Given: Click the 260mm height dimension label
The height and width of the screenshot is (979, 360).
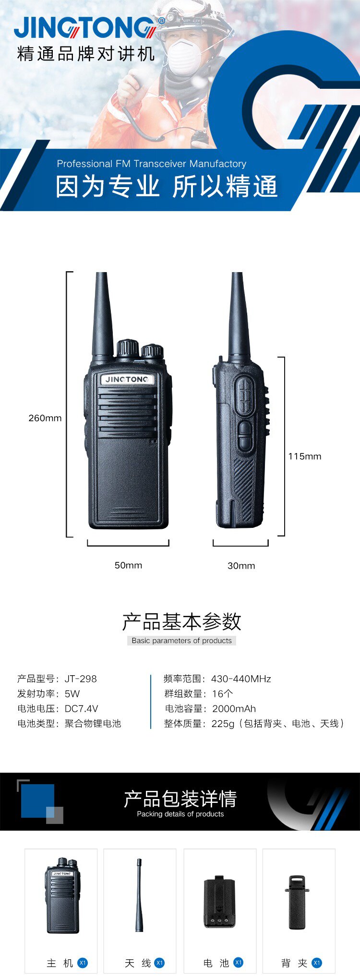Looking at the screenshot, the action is pyautogui.click(x=45, y=418).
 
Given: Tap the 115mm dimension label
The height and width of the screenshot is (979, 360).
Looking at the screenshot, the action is pyautogui.click(x=305, y=456).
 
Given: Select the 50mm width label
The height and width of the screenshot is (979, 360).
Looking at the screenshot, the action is pyautogui.click(x=128, y=565).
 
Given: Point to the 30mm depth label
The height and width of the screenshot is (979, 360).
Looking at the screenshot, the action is pyautogui.click(x=241, y=566).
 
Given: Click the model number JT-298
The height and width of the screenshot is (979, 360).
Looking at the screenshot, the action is pyautogui.click(x=81, y=679).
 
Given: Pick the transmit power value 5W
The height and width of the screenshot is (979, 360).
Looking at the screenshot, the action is pyautogui.click(x=72, y=694).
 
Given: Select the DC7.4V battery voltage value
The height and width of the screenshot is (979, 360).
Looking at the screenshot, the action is pyautogui.click(x=81, y=709).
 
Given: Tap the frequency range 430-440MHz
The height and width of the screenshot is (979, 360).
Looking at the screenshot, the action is pyautogui.click(x=241, y=679).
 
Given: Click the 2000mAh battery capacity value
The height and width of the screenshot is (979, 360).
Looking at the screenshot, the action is pyautogui.click(x=234, y=709).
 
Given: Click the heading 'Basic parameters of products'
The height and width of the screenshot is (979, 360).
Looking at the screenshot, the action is pyautogui.click(x=181, y=641).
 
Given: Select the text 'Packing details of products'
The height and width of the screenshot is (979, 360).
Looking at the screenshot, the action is pyautogui.click(x=180, y=814).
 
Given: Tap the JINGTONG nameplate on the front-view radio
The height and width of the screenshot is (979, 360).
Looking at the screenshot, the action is pyautogui.click(x=127, y=379).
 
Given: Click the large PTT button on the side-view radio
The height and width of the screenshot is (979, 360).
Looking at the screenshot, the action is pyautogui.click(x=245, y=395).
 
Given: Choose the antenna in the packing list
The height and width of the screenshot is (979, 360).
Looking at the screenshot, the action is pyautogui.click(x=139, y=895).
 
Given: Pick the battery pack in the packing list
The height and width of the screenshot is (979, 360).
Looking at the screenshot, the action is pyautogui.click(x=219, y=902).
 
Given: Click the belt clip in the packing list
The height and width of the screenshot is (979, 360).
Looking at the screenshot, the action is pyautogui.click(x=297, y=902).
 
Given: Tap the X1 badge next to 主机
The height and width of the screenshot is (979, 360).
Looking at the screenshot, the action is pyautogui.click(x=83, y=963).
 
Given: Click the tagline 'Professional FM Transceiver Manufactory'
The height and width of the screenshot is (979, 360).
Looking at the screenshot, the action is pyautogui.click(x=152, y=164).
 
